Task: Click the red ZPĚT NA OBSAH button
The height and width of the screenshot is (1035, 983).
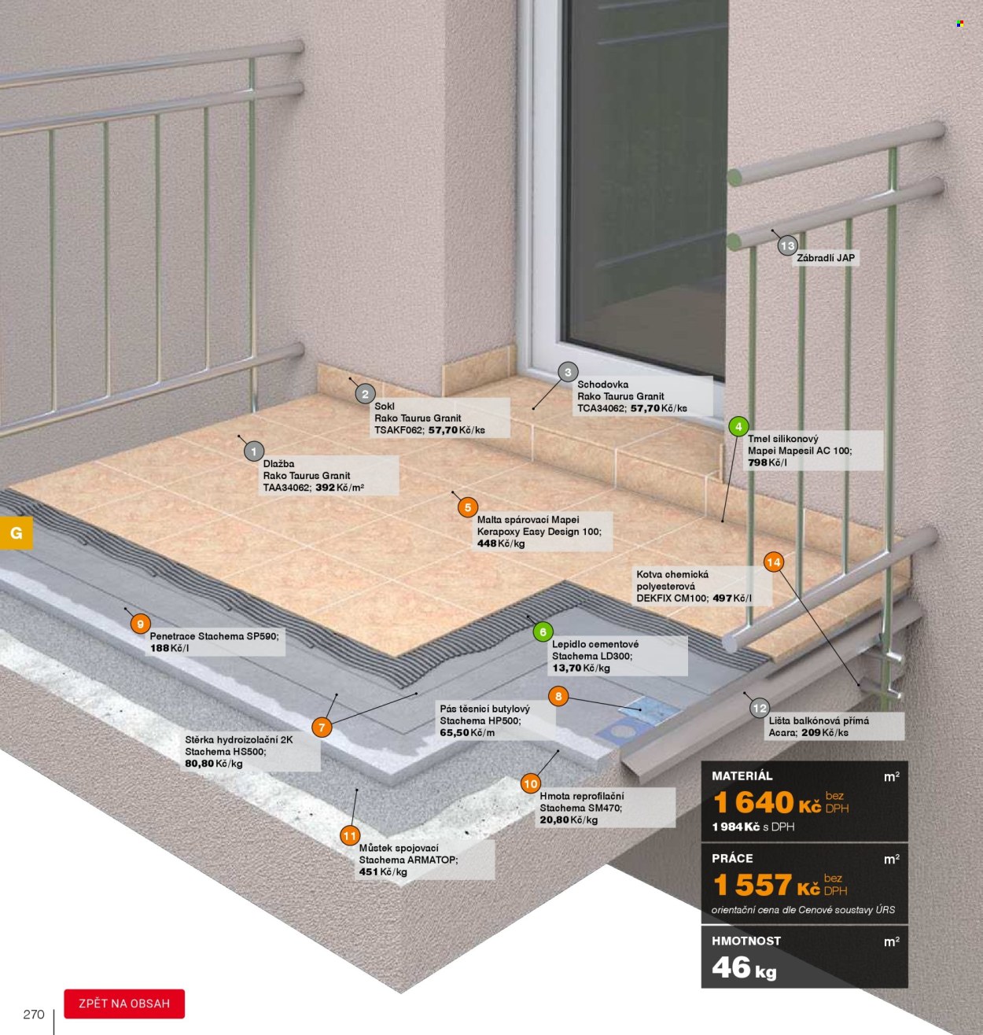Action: click(x=124, y=1004)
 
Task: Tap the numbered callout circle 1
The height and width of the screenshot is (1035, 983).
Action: click(x=254, y=451)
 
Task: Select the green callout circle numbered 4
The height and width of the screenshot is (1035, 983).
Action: click(x=738, y=426)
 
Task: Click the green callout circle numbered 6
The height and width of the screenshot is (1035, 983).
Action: click(x=543, y=632)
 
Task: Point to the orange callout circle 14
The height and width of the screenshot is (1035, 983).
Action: click(x=774, y=562)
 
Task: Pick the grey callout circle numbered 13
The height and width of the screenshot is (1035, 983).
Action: click(x=787, y=245)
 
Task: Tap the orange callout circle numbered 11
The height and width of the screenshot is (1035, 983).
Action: click(x=350, y=835)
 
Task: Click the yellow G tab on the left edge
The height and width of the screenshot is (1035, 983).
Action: click(x=17, y=532)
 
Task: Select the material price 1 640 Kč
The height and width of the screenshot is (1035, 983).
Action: click(x=767, y=802)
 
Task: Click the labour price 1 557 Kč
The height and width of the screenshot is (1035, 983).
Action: click(x=767, y=885)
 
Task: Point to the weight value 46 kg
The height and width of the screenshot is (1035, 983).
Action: click(x=744, y=968)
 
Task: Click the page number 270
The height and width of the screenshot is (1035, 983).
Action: click(x=34, y=1014)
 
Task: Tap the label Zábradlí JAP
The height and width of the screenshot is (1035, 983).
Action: click(x=826, y=258)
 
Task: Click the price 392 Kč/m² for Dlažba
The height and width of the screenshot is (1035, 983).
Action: click(x=340, y=488)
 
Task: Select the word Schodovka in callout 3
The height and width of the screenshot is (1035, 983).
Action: click(x=603, y=385)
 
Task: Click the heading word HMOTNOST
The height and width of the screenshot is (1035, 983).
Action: click(x=746, y=941)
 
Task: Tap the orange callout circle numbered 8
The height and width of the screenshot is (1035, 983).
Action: click(x=558, y=696)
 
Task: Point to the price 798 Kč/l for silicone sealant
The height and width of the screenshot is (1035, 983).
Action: click(x=767, y=462)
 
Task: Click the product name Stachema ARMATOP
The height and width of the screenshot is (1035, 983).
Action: click(x=408, y=860)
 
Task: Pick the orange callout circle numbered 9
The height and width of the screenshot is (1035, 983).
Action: click(x=140, y=624)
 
